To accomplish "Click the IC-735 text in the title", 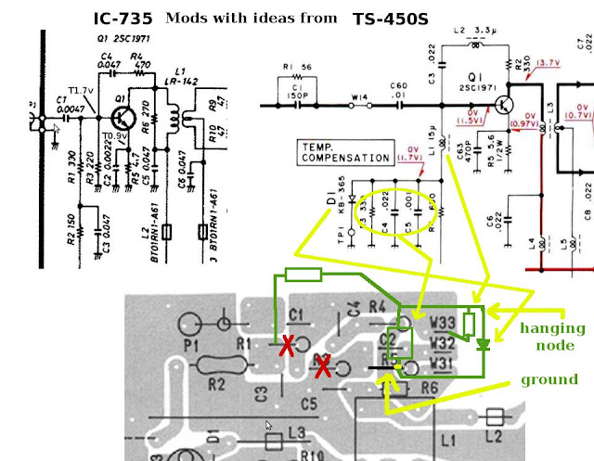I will click(124, 19).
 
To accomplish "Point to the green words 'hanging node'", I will click(552, 336).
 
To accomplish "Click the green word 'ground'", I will click(549, 379).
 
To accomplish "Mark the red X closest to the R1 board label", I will click(288, 348).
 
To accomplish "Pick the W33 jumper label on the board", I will click(442, 324).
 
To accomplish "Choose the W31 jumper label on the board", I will click(442, 364).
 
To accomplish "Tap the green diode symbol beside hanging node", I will click(483, 345).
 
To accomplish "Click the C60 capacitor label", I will click(399, 83).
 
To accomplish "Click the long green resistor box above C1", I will click(303, 274).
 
